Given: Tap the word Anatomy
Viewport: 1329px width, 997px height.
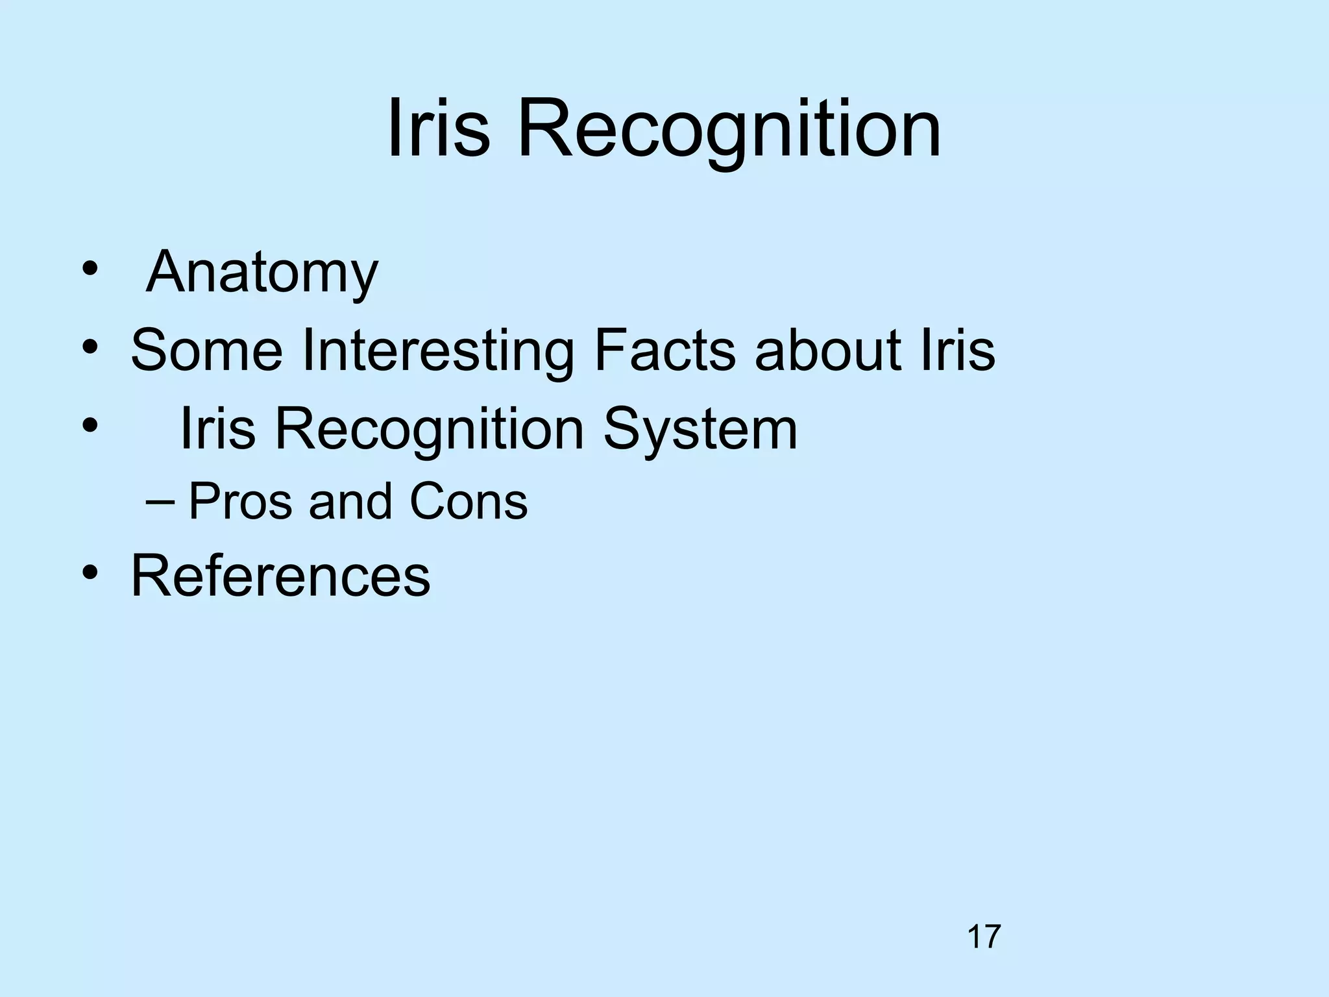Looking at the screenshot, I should tap(262, 273).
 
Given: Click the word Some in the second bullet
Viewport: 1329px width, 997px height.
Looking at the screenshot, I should tap(207, 351).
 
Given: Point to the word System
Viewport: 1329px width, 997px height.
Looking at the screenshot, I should tap(700, 430).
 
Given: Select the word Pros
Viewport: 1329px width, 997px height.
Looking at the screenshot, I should tap(240, 502).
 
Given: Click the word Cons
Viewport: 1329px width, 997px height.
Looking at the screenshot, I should tap(469, 502).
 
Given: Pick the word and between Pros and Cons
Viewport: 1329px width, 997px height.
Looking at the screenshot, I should tap(350, 502).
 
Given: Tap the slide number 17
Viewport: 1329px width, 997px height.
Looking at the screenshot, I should tap(984, 937).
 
